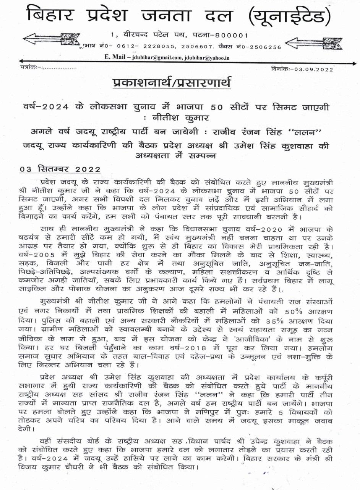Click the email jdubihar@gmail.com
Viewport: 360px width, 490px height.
(156, 57)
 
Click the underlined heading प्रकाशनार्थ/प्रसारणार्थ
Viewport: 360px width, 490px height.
(172, 83)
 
